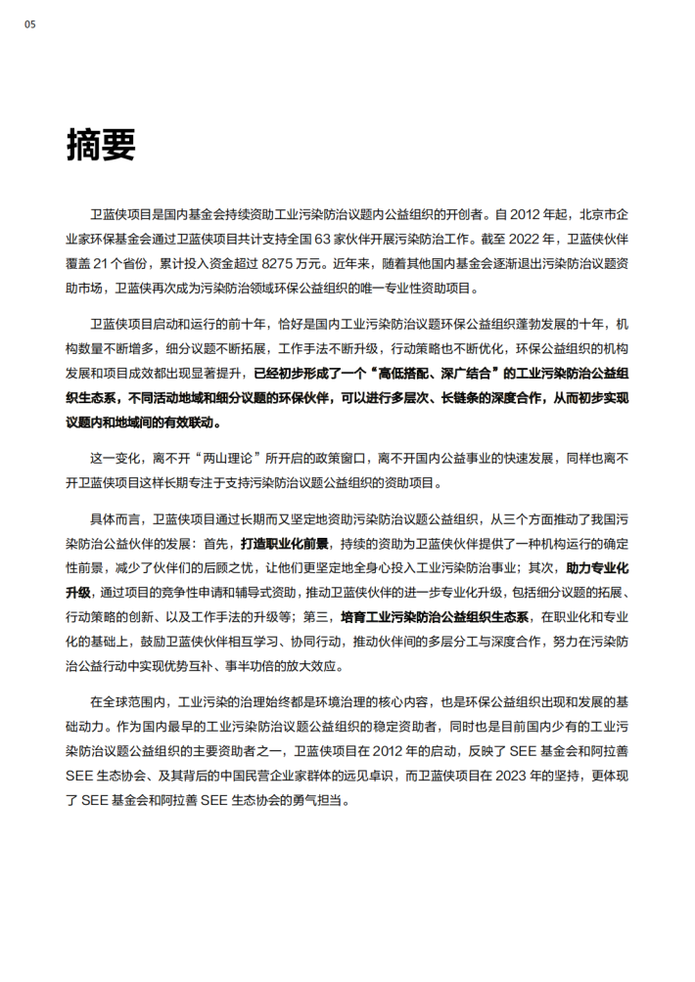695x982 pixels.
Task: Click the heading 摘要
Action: click(x=100, y=145)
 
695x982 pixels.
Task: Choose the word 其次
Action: click(x=542, y=567)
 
